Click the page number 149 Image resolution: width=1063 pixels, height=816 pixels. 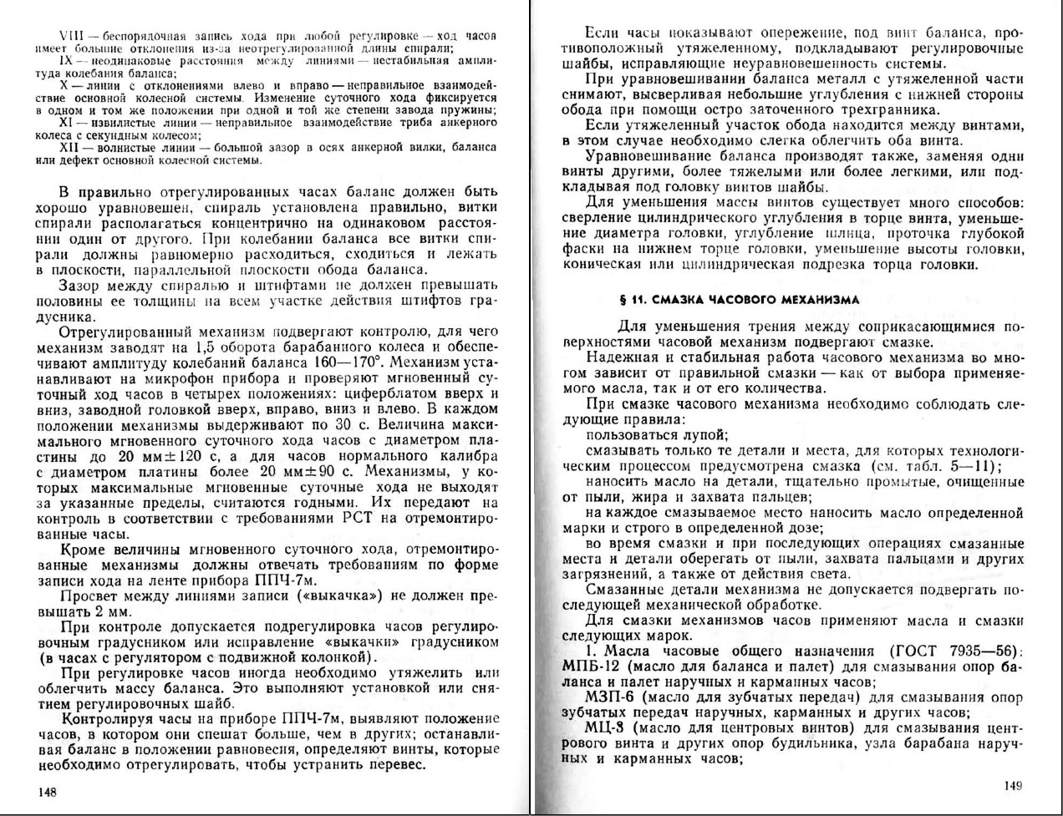click(x=1013, y=785)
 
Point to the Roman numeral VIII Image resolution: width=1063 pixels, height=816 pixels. click(x=70, y=36)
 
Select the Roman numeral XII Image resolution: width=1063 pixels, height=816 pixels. click(x=72, y=147)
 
